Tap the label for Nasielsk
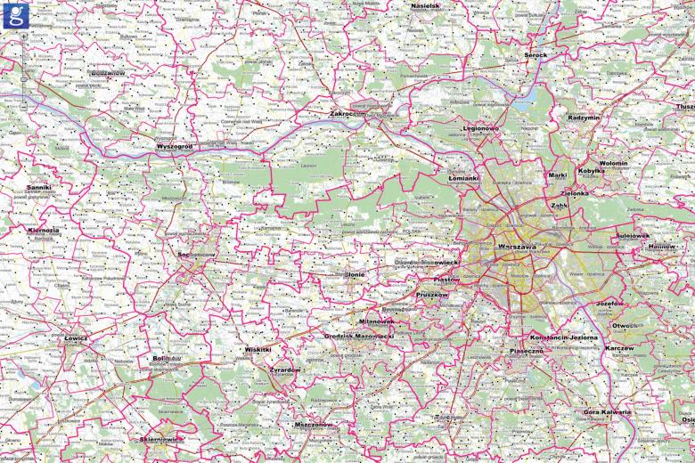tap(425, 5)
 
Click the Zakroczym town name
tap(348, 114)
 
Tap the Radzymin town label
tap(584, 117)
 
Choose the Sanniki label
tap(38, 188)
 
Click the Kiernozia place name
tap(44, 230)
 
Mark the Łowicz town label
tap(77, 338)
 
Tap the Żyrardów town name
tap(285, 370)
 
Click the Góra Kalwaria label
tap(607, 412)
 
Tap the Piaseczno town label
tap(527, 352)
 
